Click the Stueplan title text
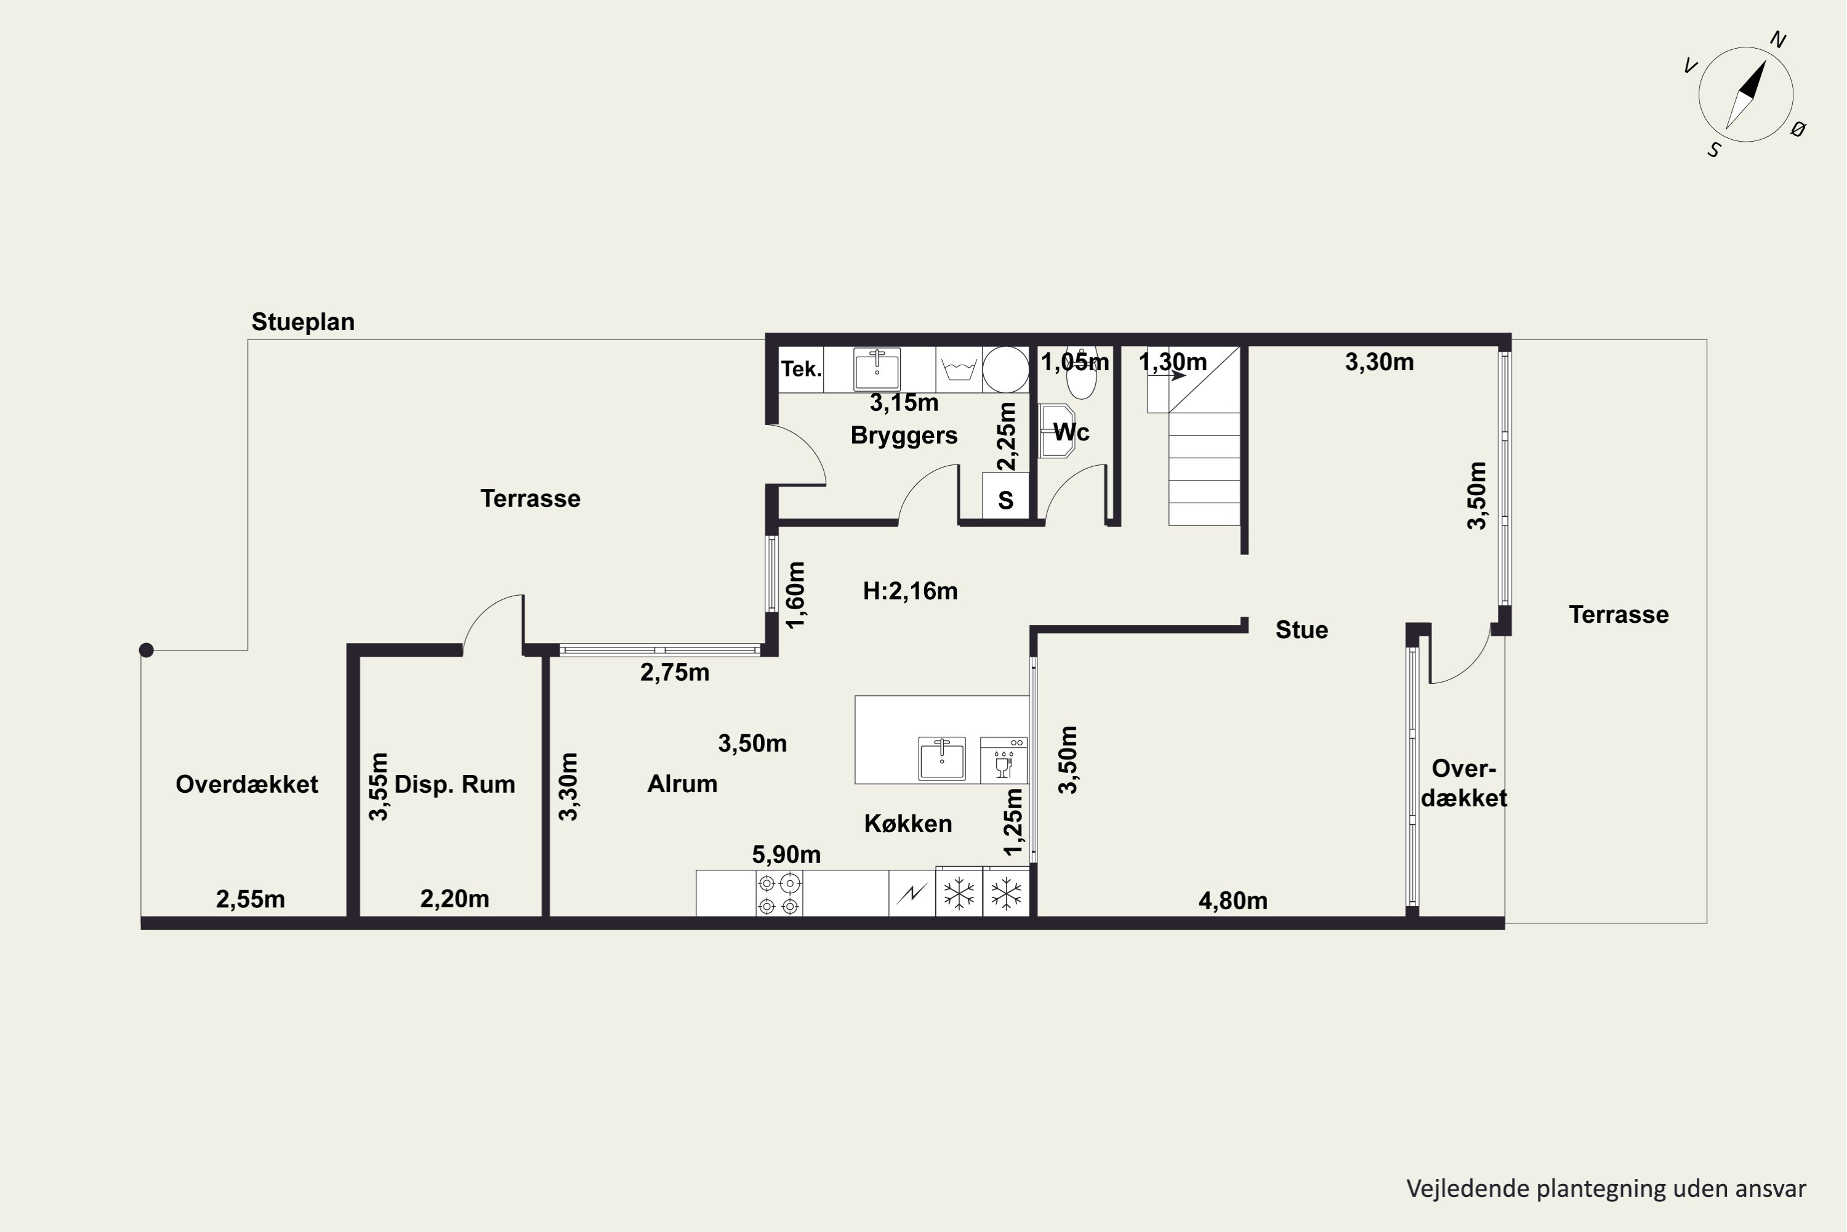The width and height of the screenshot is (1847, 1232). point(303,322)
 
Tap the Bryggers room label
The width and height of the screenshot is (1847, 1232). point(904,436)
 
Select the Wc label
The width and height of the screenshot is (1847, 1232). point(1071,432)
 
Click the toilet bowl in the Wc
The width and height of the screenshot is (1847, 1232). point(1081,377)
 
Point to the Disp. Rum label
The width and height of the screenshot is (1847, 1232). point(455,784)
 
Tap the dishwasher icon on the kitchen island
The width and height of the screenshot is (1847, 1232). point(1004,760)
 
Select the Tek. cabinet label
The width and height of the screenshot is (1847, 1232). point(801,369)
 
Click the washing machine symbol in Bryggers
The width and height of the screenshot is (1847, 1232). point(959,369)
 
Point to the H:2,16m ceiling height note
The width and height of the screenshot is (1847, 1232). point(910,591)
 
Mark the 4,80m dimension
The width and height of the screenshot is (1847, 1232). point(1233,901)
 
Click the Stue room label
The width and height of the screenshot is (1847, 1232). point(1302,630)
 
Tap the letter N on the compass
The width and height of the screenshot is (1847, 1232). point(1779,39)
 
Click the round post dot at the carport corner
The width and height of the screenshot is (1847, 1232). point(146,650)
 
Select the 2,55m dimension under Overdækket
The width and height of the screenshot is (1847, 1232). point(251,899)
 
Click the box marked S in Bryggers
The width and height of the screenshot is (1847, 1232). point(1005,495)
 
